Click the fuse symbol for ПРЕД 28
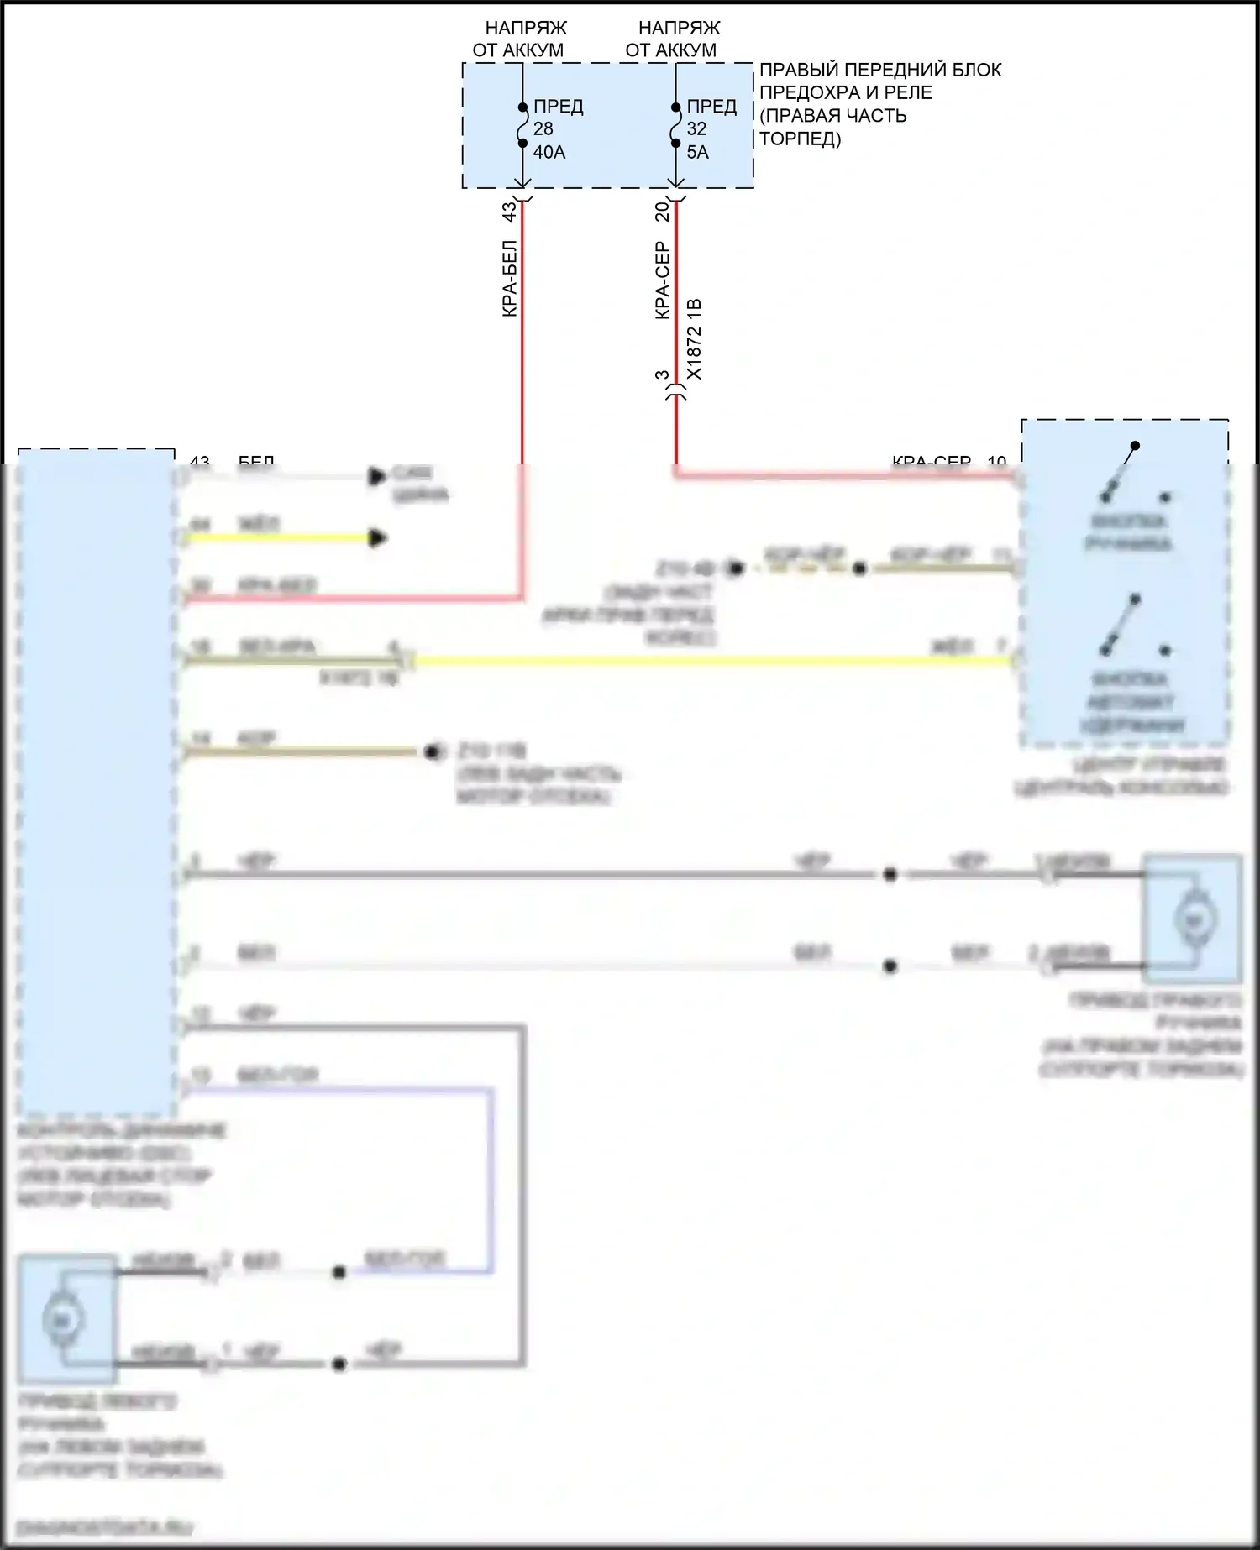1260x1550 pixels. click(x=522, y=125)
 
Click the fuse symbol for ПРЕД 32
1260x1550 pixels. click(x=675, y=125)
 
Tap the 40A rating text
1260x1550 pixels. click(x=549, y=152)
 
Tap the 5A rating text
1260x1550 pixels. click(x=697, y=152)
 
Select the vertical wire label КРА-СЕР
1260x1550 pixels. click(x=663, y=280)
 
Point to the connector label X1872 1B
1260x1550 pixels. click(x=694, y=339)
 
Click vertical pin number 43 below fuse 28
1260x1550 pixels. click(x=509, y=212)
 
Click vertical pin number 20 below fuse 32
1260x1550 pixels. click(x=662, y=212)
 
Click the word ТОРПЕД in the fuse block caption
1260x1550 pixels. click(x=800, y=139)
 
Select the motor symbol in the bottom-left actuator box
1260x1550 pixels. click(x=61, y=1321)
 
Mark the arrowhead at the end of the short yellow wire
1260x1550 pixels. click(x=380, y=537)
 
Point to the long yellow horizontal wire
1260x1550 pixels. click(x=714, y=661)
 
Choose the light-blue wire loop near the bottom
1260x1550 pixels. click(x=492, y=1176)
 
